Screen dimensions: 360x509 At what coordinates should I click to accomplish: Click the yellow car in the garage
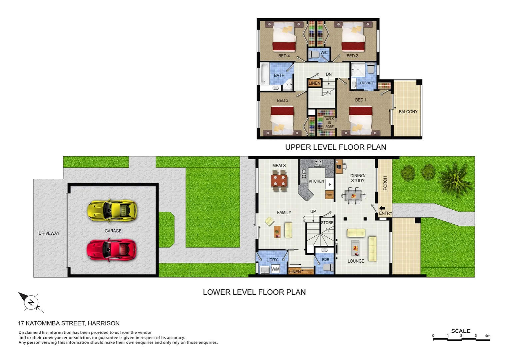point(112,211)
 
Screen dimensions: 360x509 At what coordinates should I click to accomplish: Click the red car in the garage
point(112,250)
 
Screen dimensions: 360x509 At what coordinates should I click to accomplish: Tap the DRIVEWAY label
point(49,233)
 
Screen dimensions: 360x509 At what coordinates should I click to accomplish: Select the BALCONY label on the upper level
point(408,112)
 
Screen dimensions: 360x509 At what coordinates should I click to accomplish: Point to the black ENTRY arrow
point(382,208)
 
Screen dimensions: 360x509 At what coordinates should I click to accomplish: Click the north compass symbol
point(31,302)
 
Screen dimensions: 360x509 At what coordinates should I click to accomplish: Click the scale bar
point(461,339)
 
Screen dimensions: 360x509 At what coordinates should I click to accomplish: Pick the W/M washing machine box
point(275,269)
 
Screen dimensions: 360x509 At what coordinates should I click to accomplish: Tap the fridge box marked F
point(330,184)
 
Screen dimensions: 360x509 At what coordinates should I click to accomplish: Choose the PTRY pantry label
point(329,195)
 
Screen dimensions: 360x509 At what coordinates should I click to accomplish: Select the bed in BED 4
point(284,37)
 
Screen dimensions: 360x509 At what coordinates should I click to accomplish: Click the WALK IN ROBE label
point(329,123)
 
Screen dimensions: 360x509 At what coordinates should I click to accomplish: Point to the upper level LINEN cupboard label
point(314,83)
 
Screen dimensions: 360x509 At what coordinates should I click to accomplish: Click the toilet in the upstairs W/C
point(313,54)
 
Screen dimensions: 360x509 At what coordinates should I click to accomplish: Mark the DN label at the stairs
point(329,74)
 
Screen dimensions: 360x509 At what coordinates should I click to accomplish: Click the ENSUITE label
point(367,83)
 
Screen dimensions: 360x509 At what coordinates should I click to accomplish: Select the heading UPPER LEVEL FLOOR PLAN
point(335,147)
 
